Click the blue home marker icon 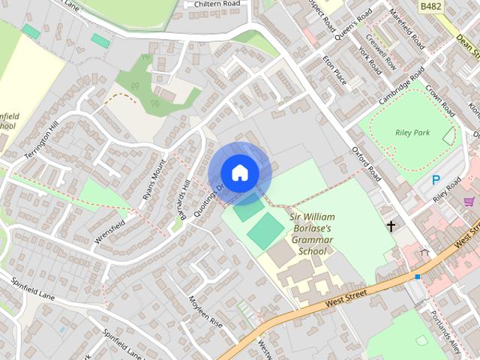coord(239,172)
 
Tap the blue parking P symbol coord(436,180)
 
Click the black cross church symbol coord(391,225)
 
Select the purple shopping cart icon coord(469,201)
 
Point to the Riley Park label coord(412,133)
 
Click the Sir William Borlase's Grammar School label coord(312,234)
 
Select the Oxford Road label coord(367,163)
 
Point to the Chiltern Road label coord(217,4)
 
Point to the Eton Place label coord(333,68)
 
